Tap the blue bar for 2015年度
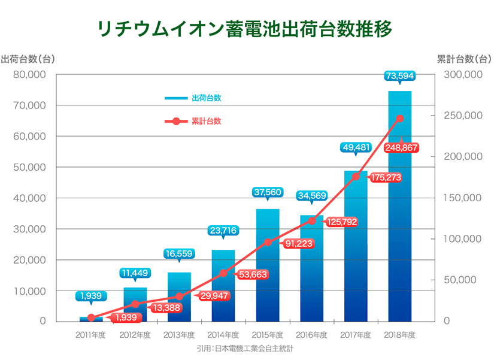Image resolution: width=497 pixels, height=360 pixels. [267, 264]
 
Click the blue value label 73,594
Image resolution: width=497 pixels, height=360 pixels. [400, 75]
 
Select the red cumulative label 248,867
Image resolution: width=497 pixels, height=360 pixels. [402, 147]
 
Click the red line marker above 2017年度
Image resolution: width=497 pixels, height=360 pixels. [356, 176]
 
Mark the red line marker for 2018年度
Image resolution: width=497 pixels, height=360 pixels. [400, 119]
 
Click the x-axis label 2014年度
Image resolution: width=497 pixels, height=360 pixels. [223, 335]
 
